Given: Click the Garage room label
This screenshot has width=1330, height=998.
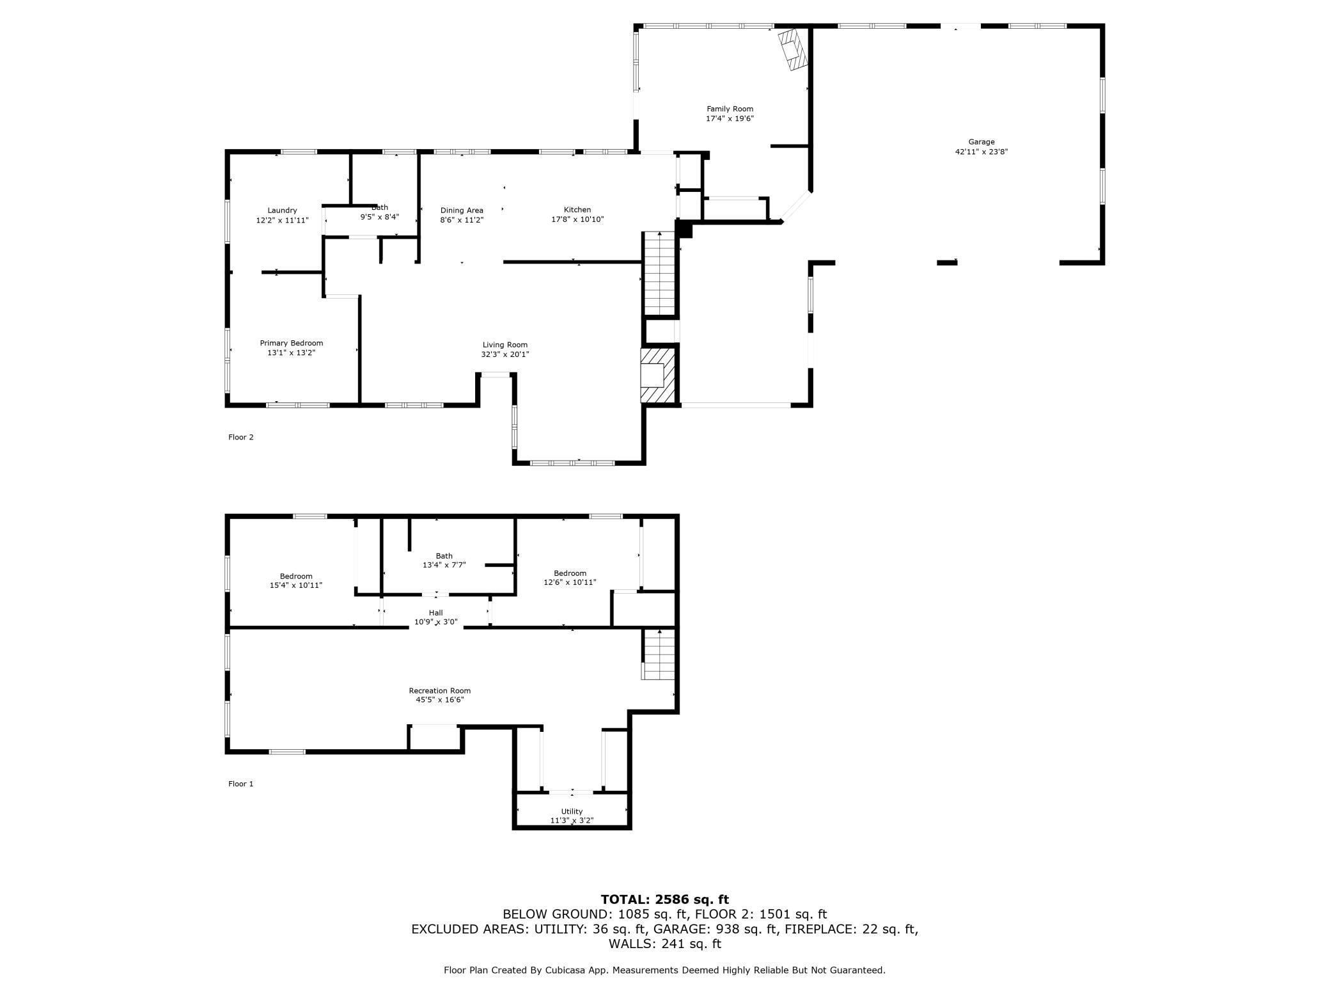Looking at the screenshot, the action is pyautogui.click(x=981, y=142).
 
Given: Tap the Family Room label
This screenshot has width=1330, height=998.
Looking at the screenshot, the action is pyautogui.click(x=730, y=109).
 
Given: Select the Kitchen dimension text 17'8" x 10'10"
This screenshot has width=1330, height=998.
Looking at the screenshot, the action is pyautogui.click(x=577, y=219).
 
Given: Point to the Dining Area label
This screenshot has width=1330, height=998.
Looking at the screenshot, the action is pyautogui.click(x=462, y=210).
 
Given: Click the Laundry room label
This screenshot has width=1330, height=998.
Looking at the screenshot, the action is pyautogui.click(x=282, y=210).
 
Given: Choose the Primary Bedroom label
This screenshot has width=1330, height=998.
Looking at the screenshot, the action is pyautogui.click(x=292, y=343).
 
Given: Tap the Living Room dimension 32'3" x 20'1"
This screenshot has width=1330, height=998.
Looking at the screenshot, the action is pyautogui.click(x=505, y=354).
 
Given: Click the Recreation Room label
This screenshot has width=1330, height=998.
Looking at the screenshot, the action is pyautogui.click(x=440, y=690).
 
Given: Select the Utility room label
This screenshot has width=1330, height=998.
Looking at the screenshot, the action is pyautogui.click(x=572, y=811).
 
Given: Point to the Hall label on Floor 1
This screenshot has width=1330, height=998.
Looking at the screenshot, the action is pyautogui.click(x=436, y=612).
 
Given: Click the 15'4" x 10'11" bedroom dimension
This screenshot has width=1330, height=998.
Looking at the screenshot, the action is pyautogui.click(x=296, y=585).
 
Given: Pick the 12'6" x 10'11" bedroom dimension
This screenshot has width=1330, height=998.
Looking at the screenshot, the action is pyautogui.click(x=570, y=582).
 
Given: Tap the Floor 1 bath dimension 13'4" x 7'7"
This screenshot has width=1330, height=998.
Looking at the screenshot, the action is pyautogui.click(x=444, y=565).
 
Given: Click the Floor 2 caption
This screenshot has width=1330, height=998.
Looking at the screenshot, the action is pyautogui.click(x=241, y=438).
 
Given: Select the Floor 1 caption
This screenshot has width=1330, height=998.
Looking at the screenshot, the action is pyautogui.click(x=241, y=784).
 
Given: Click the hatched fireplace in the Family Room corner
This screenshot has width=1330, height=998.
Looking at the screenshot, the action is pyautogui.click(x=793, y=49).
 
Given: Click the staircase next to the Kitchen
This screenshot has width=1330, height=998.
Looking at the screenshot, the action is pyautogui.click(x=660, y=274).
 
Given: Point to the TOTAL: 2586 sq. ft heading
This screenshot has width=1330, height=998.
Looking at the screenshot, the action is pyautogui.click(x=665, y=899).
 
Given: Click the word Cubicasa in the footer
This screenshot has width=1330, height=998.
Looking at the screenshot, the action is pyautogui.click(x=567, y=970).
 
